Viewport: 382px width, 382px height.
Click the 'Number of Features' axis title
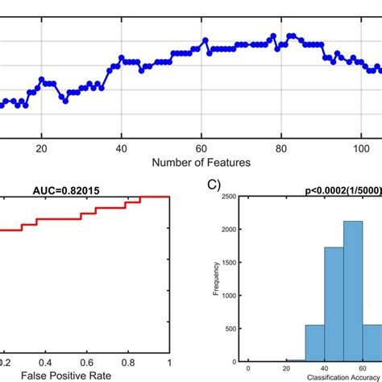pyautogui.click(x=201, y=162)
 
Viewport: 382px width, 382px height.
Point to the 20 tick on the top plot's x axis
pyautogui.click(x=41, y=147)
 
